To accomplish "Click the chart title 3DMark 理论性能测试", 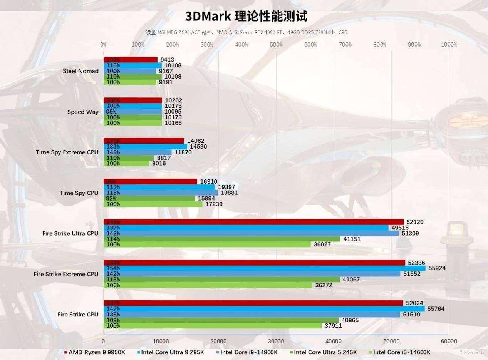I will tap(246, 17).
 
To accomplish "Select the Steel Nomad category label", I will tap(80, 71).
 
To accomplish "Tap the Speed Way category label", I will tap(83, 112).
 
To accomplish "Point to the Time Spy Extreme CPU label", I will tap(67, 152).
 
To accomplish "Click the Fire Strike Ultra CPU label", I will tap(70, 234).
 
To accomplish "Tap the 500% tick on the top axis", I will tap(276, 45).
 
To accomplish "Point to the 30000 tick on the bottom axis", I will tap(276, 341).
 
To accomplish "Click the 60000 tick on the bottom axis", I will tap(449, 341).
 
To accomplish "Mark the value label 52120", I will tap(415, 222).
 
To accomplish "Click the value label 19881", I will tap(229, 193).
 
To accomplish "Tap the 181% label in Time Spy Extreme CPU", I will tap(112, 147).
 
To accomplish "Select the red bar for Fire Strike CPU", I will tap(253, 303).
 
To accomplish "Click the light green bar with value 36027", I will tap(207, 244).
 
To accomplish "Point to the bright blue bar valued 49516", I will tap(246, 228).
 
